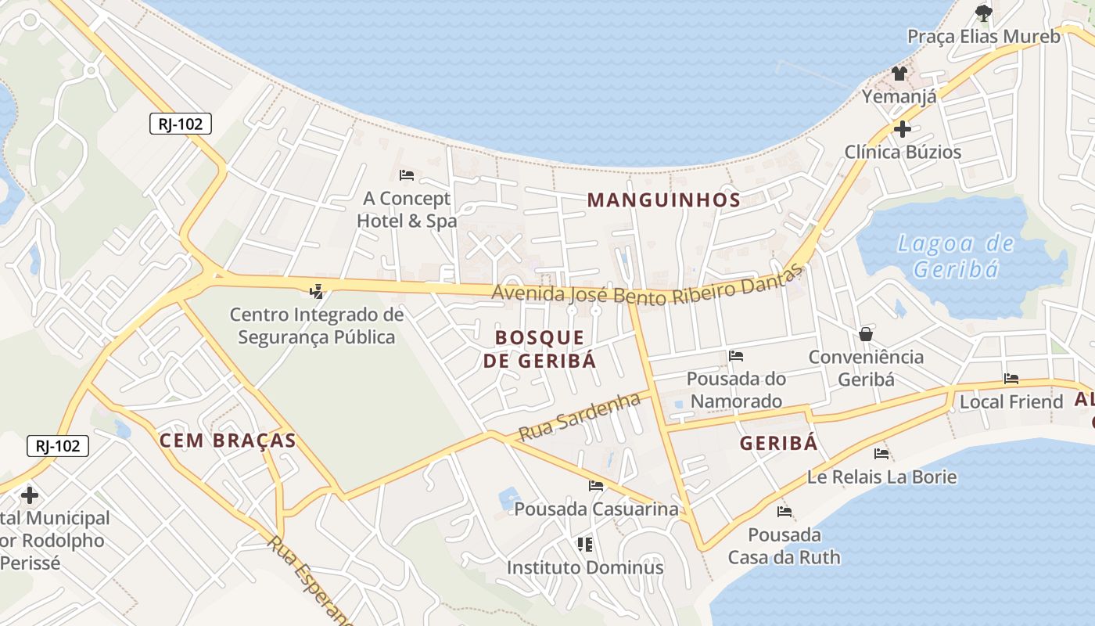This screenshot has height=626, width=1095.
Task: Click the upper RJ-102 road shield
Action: click(181, 124)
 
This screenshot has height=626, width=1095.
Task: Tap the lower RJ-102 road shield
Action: click(58, 446)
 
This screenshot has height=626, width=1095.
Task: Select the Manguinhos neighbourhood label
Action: click(663, 200)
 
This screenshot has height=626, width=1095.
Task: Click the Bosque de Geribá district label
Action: click(540, 349)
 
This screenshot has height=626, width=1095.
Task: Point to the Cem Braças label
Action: click(228, 441)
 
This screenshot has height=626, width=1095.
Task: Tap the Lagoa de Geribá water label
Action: click(956, 256)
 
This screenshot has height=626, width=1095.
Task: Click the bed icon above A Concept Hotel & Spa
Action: click(407, 174)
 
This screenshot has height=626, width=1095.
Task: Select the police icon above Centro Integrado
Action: click(316, 292)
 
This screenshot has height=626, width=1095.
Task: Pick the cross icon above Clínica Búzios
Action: click(903, 128)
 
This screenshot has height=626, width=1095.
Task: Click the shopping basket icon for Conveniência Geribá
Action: click(866, 334)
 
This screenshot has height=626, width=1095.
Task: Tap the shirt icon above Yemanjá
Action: click(899, 74)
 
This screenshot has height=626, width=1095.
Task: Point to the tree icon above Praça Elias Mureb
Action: click(983, 13)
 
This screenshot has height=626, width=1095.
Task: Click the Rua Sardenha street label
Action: click(580, 417)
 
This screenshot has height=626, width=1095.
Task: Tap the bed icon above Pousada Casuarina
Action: click(596, 486)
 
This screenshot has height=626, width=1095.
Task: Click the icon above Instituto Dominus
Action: click(585, 544)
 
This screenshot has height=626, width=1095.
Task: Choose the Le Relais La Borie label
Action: click(881, 477)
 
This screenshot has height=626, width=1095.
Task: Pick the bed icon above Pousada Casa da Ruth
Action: click(784, 512)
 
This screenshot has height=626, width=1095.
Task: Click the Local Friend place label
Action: click(1011, 401)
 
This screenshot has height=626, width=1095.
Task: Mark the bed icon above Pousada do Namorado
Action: click(736, 356)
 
